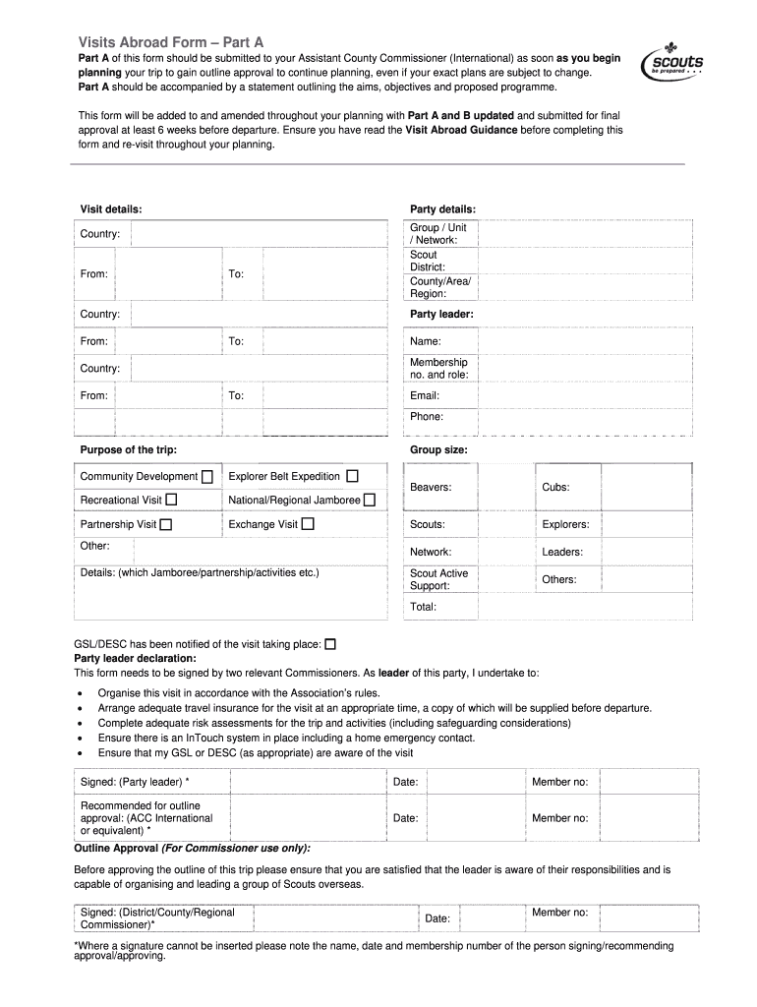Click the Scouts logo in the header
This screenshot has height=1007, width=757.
[670, 63]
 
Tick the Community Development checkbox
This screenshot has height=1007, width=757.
[207, 477]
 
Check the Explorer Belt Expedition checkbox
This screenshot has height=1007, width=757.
[352, 476]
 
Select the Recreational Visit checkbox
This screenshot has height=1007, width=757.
[171, 500]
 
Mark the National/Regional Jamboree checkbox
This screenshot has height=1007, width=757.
[369, 500]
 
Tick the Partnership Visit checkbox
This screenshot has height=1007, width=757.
[165, 524]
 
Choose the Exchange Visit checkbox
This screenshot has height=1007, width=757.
[308, 524]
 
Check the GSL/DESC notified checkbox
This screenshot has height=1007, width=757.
[330, 644]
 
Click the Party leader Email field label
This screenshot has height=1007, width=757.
[425, 395]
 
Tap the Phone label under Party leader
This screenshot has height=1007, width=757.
[427, 417]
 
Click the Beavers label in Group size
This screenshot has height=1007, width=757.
[431, 488]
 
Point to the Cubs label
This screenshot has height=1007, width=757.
[555, 488]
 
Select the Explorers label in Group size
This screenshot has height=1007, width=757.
[565, 524]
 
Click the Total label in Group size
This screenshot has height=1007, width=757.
[423, 607]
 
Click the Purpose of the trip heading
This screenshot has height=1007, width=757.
[128, 449]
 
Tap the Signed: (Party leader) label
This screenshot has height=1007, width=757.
[135, 782]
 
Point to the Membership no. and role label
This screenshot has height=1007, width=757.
[439, 368]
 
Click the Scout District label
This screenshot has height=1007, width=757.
[428, 261]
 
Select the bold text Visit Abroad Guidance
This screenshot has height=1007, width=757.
[461, 130]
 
